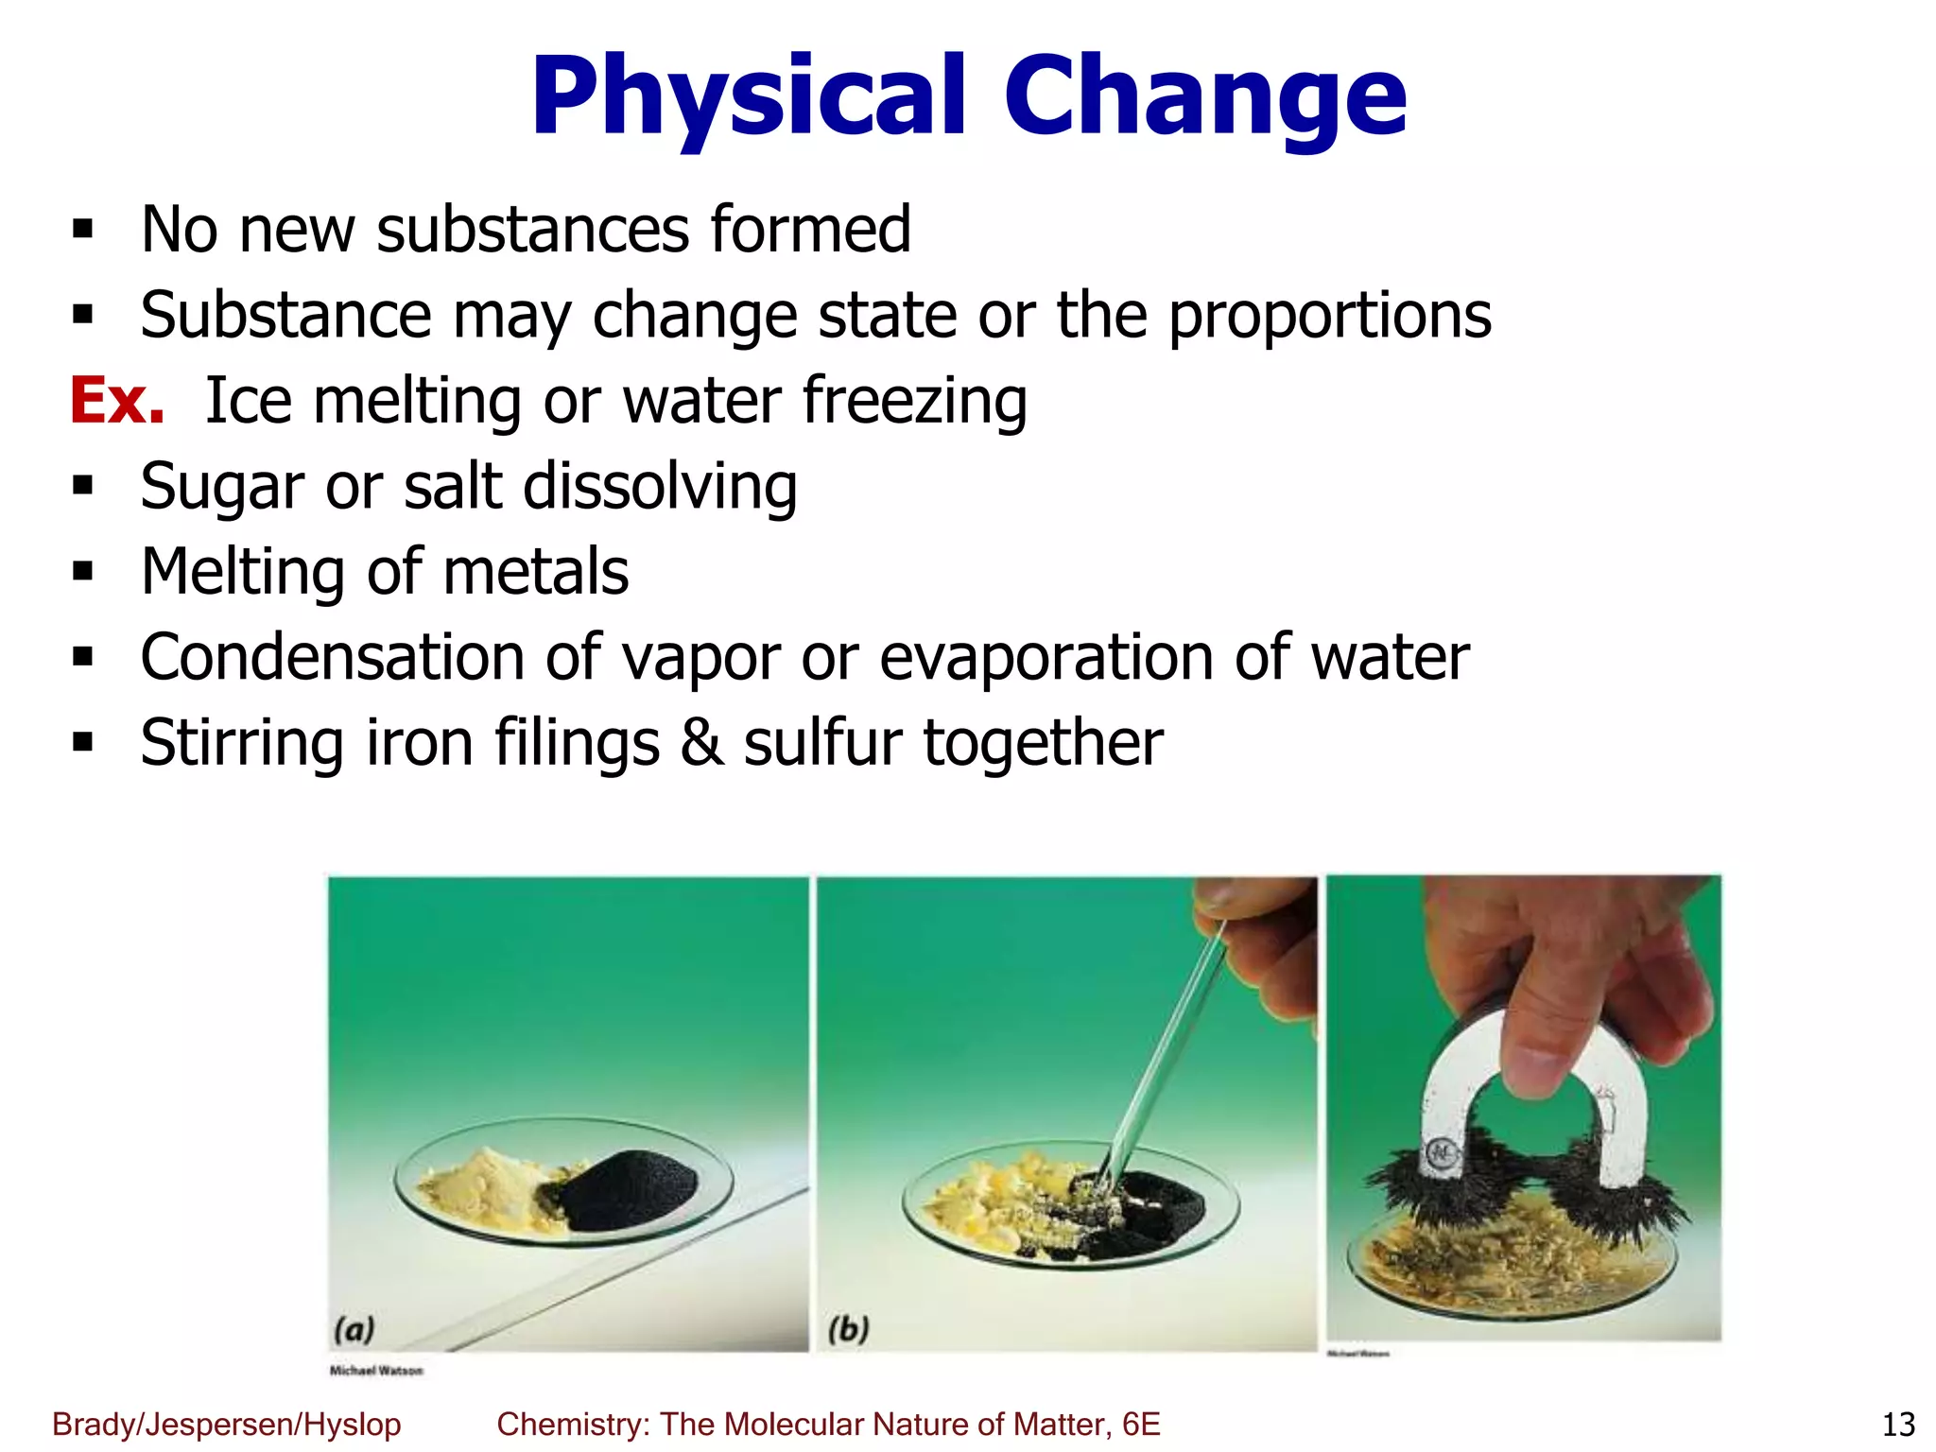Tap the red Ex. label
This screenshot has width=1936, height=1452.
point(117,401)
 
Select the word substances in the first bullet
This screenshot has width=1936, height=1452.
point(533,230)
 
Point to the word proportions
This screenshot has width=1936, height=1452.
point(1329,316)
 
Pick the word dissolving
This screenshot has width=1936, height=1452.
point(660,487)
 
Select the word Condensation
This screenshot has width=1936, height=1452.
point(332,658)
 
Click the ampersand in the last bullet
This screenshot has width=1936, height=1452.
point(701,743)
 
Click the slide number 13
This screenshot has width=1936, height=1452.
point(1898,1424)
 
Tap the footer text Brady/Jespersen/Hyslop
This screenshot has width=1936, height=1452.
point(227,1424)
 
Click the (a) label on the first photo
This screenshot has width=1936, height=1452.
point(354,1329)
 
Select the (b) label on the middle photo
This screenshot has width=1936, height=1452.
point(848,1329)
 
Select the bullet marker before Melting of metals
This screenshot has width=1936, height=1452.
point(83,572)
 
